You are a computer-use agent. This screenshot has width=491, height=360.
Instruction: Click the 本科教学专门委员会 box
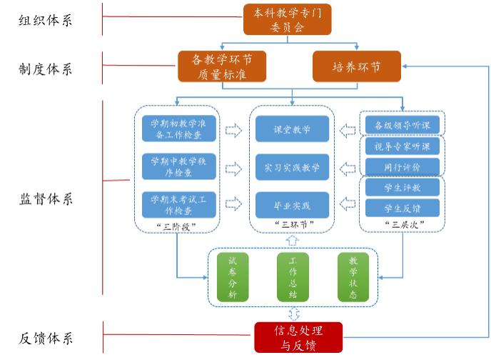[288, 19]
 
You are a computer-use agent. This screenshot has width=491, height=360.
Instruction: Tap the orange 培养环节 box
[357, 66]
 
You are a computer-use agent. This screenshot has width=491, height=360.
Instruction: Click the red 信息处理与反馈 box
[298, 337]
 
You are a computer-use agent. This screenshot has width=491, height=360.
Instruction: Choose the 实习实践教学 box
[292, 168]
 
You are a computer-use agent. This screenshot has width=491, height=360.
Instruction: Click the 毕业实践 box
[292, 206]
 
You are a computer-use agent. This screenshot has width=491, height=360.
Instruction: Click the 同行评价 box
[402, 166]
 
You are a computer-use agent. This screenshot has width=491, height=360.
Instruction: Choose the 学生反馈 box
[402, 208]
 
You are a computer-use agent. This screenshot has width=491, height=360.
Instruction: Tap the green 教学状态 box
[353, 277]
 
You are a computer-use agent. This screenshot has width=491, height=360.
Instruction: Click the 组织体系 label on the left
[46, 20]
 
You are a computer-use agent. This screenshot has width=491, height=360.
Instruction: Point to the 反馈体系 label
[46, 338]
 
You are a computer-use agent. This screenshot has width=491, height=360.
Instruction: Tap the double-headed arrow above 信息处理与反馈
[292, 314]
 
